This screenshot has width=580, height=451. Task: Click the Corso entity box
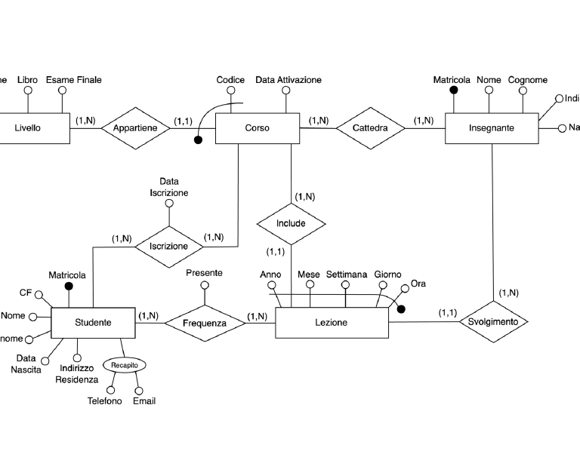point(257,128)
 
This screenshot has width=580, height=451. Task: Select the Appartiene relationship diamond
point(135,128)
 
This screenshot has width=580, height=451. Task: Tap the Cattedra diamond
point(370,128)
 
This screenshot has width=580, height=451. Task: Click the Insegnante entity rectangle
point(491,128)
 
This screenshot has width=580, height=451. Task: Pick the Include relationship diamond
point(291,223)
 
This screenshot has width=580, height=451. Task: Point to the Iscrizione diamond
point(168,246)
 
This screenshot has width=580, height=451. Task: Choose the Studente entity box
point(93,323)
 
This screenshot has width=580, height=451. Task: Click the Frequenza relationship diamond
point(204,323)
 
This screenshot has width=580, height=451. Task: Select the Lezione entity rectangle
point(331,323)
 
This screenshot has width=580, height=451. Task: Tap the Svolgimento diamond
point(492,321)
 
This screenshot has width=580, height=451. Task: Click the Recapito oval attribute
point(123,365)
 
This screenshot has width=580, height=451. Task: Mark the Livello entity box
point(27,128)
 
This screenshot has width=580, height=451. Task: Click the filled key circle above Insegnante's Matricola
point(454,90)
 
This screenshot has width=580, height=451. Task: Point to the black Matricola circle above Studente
point(69,287)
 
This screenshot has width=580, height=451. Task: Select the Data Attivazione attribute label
point(288,80)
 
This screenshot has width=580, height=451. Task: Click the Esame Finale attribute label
point(73,80)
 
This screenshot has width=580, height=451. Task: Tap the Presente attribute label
point(204,273)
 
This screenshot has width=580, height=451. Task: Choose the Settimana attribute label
point(347,275)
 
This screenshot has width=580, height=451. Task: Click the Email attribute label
point(144,401)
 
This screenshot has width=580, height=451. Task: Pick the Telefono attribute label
point(104,401)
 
